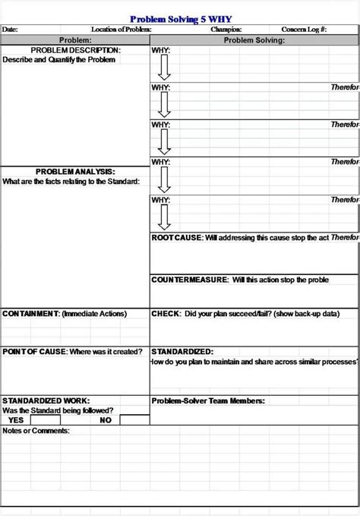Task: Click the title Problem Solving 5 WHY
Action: (x=179, y=20)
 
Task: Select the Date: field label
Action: (x=10, y=30)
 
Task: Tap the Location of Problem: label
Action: (x=122, y=30)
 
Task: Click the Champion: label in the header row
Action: (x=226, y=30)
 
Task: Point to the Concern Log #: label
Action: (x=304, y=30)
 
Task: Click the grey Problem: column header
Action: (x=75, y=40)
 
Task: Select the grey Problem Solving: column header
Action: (x=254, y=40)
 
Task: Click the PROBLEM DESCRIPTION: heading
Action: (x=75, y=50)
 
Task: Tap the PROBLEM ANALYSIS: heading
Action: (x=75, y=172)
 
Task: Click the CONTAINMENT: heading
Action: (x=31, y=313)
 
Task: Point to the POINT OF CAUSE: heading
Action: (x=35, y=352)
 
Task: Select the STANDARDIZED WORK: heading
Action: (x=46, y=400)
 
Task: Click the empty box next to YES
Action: (x=45, y=419)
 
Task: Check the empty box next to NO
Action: (x=134, y=419)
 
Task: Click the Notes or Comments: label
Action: (x=36, y=431)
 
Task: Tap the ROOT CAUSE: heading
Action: (x=177, y=238)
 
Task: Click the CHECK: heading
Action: (x=166, y=313)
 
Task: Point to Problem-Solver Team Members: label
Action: (x=207, y=400)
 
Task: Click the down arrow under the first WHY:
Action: (x=164, y=68)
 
